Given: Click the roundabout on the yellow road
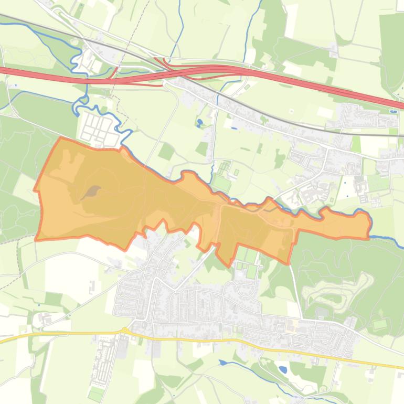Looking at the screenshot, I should (125, 330).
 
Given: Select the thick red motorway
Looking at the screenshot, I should (315, 83).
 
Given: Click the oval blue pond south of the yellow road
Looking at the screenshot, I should (283, 369).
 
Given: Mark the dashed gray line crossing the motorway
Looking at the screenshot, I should (116, 73).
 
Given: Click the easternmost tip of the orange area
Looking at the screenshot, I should (370, 223).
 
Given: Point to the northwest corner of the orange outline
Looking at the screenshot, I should (61, 139).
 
